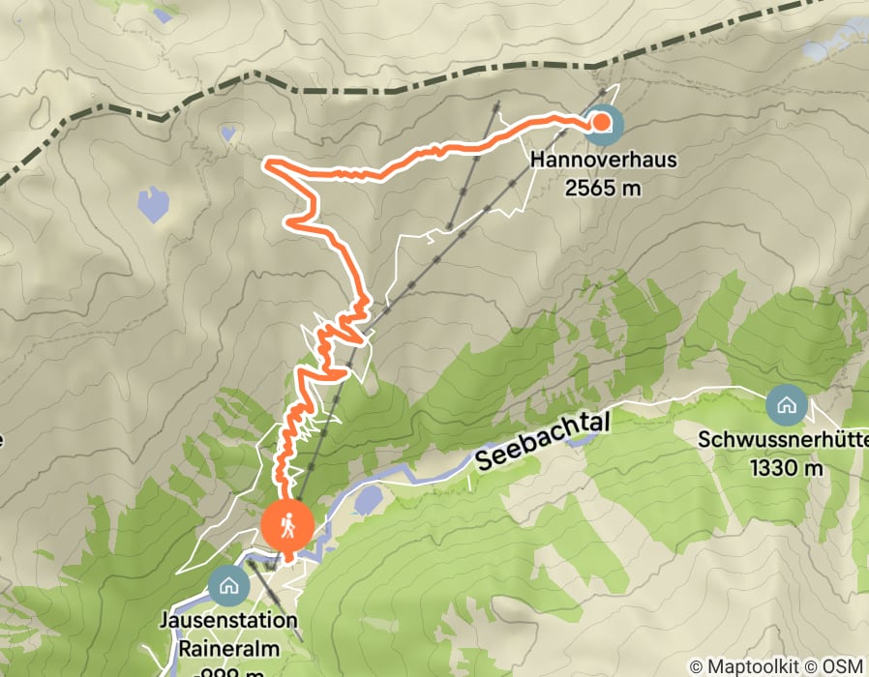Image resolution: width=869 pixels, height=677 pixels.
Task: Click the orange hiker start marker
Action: point(287,527)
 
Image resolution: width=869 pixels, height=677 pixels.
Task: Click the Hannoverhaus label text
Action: point(603,159)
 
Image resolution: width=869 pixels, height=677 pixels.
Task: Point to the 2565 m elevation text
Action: point(603,188)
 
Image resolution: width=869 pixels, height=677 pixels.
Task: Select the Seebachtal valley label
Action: point(532,447)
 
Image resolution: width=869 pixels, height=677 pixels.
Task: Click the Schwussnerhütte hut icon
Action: point(785,404)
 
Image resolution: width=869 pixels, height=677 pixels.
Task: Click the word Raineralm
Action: point(228,646)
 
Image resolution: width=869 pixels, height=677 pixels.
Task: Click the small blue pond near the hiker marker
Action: point(369,498)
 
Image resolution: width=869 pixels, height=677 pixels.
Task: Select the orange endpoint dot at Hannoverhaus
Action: point(601,122)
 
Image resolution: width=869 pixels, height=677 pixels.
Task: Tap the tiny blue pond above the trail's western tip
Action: point(228,133)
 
